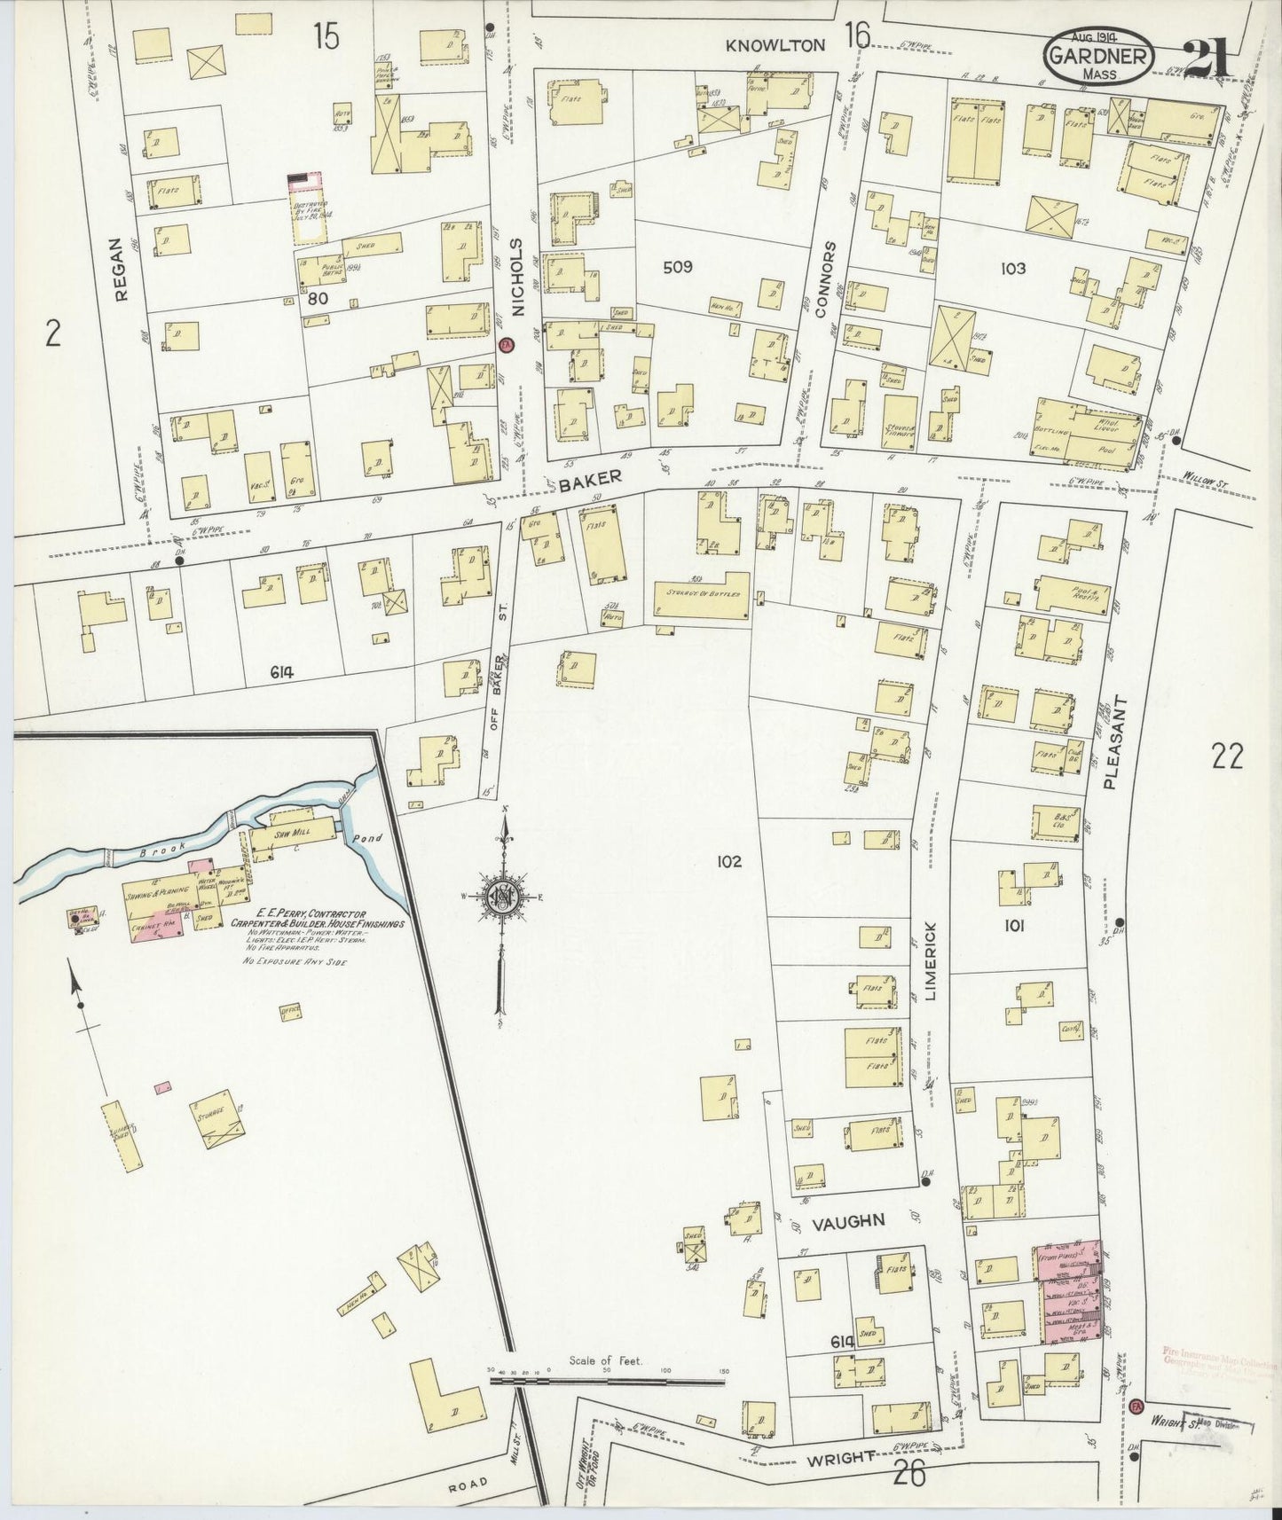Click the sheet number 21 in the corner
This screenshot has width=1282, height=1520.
(1206, 61)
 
